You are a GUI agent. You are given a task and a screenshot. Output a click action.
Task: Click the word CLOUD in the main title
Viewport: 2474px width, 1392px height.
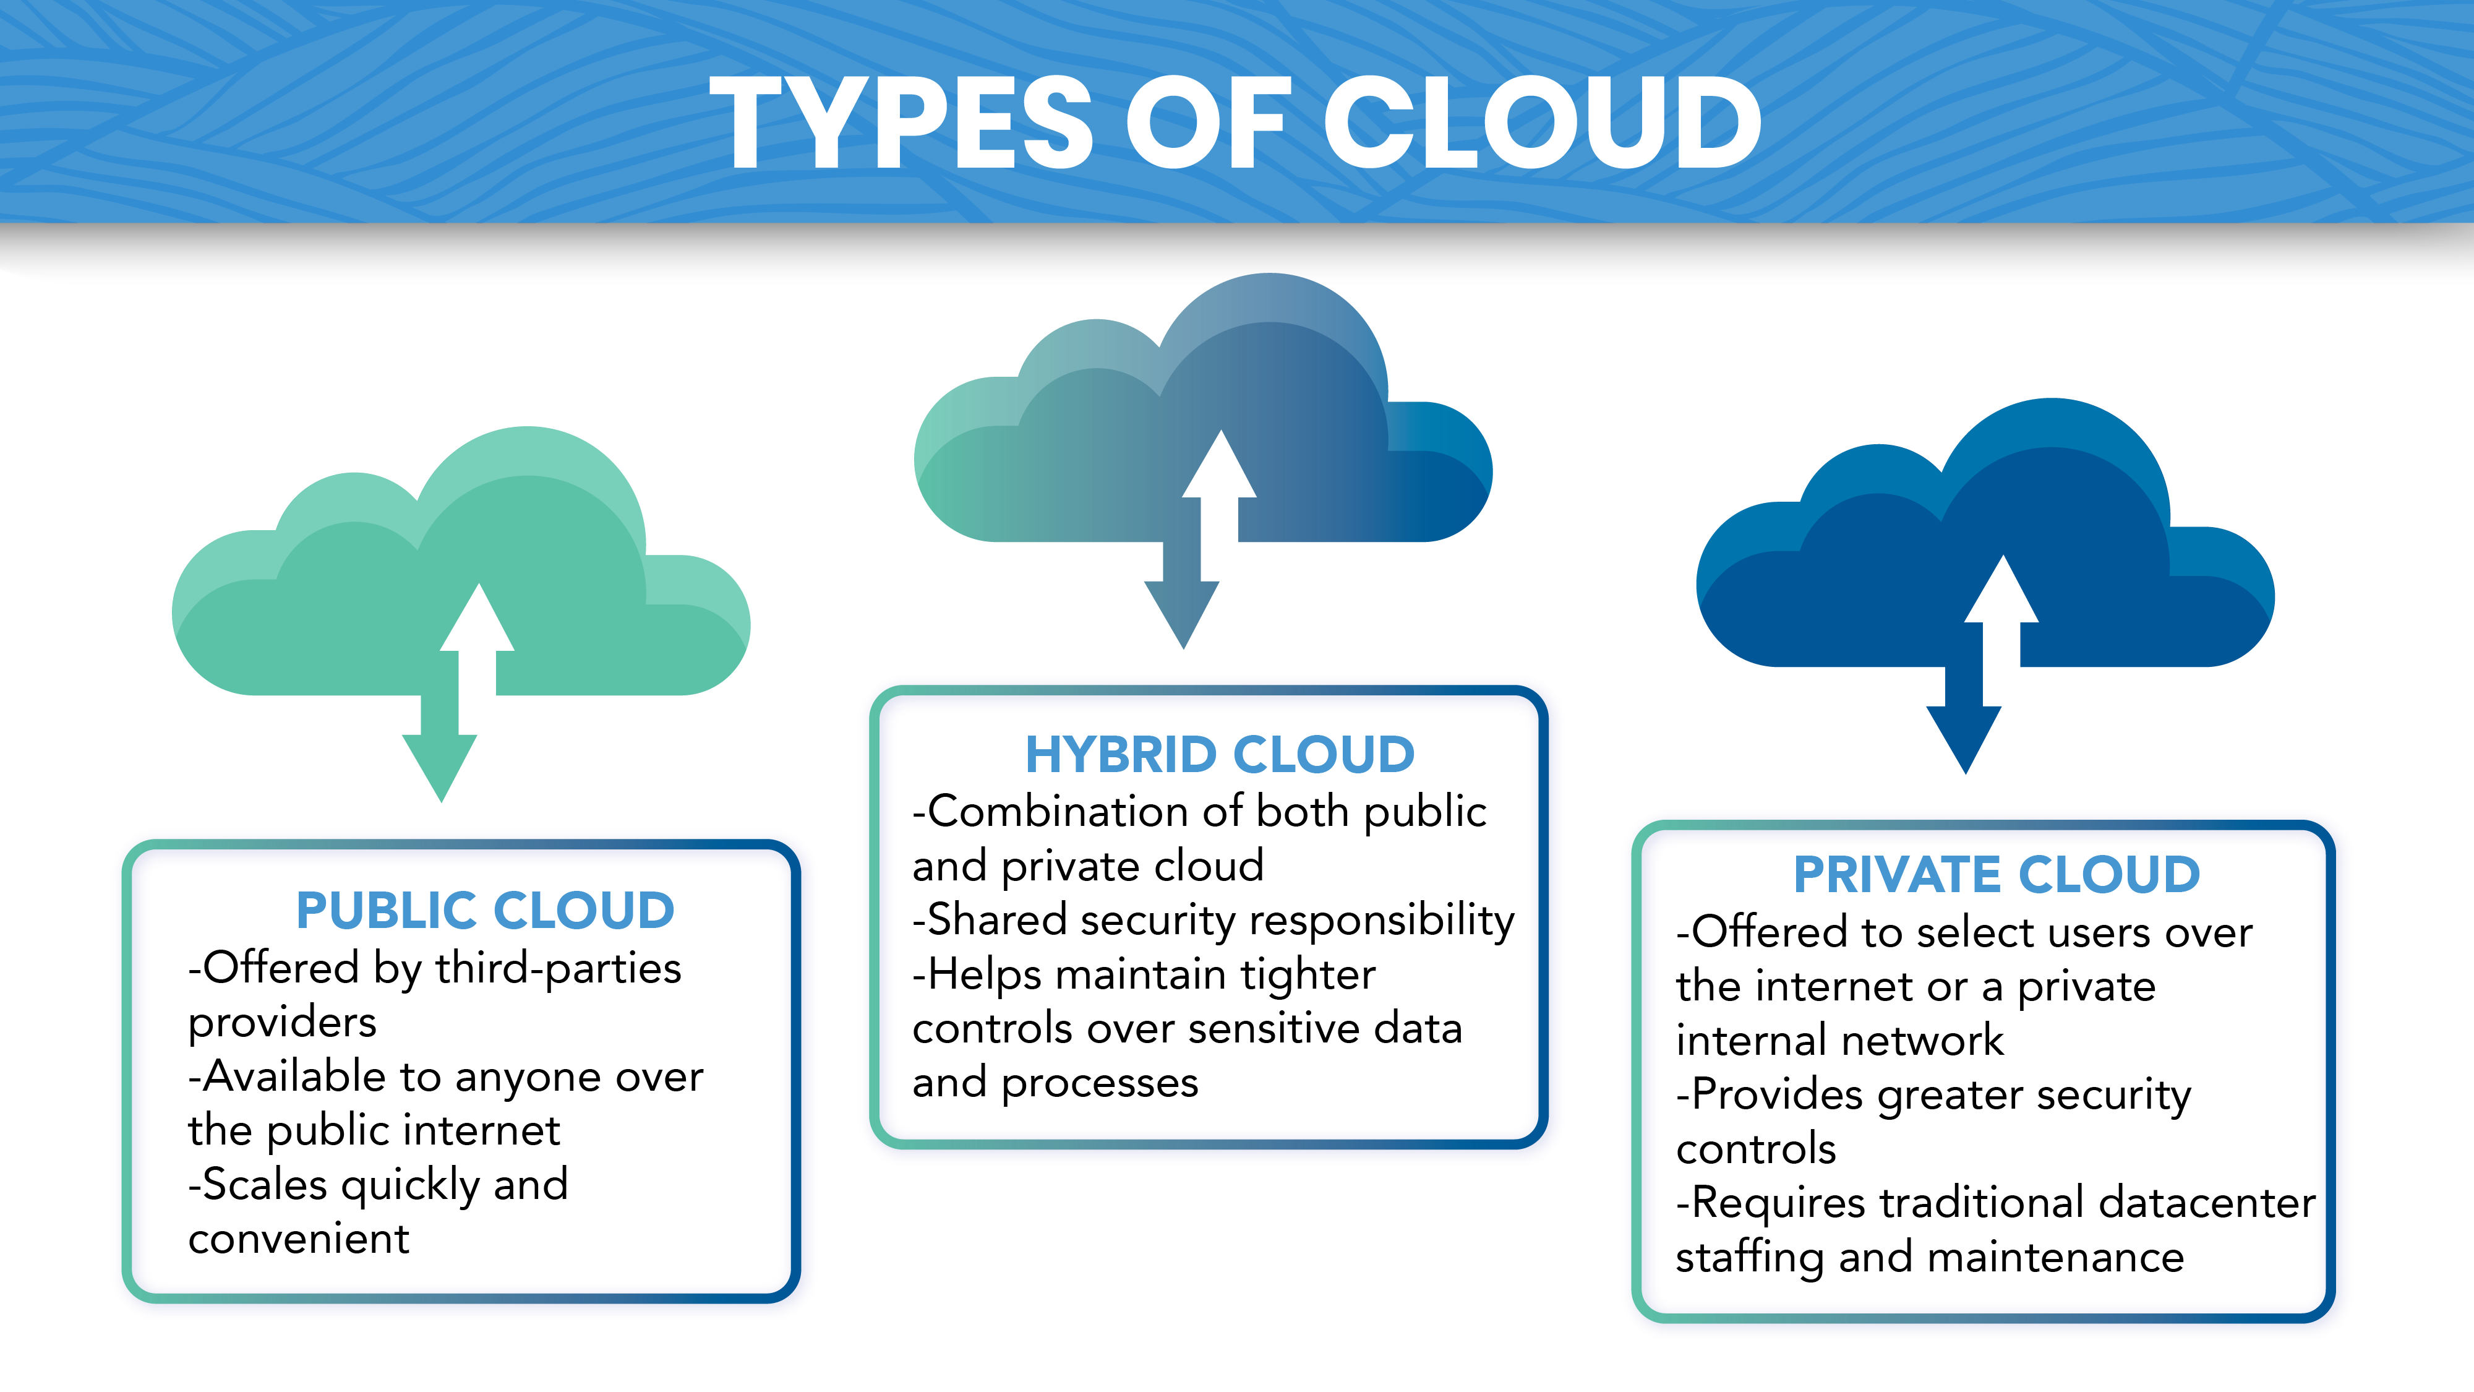[x=1543, y=123]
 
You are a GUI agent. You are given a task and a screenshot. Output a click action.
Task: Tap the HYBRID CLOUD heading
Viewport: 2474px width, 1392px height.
[x=1220, y=754]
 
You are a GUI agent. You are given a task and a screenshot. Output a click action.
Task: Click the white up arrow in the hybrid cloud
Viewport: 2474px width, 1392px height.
[x=1220, y=485]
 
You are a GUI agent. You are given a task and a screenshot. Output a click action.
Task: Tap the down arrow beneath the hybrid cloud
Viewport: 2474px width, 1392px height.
[x=1182, y=596]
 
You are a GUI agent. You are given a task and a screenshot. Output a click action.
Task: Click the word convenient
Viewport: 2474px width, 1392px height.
[x=299, y=1239]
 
